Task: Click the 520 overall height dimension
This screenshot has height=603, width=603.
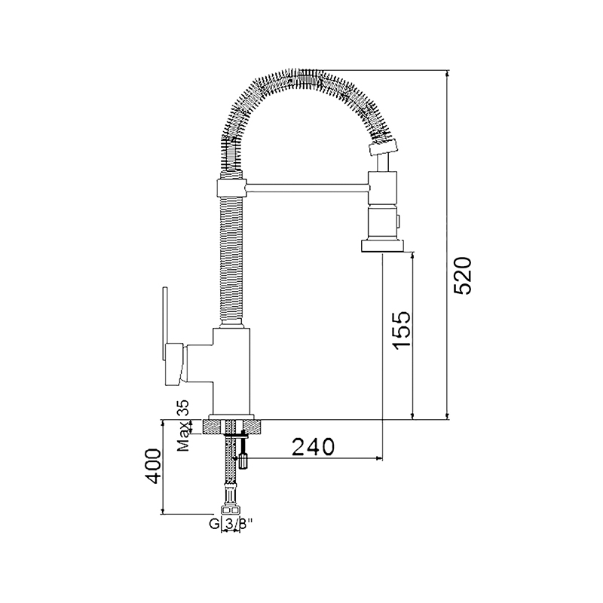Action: pyautogui.click(x=463, y=276)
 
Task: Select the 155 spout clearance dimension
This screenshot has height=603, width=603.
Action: pyautogui.click(x=403, y=330)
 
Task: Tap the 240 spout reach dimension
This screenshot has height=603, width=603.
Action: pyautogui.click(x=314, y=446)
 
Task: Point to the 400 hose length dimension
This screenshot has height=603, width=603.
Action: pyautogui.click(x=153, y=466)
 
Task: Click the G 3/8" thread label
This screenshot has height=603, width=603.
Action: pyautogui.click(x=231, y=524)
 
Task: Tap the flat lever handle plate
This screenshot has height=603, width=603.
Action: pyautogui.click(x=165, y=324)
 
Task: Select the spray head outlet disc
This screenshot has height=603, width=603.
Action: pyautogui.click(x=383, y=246)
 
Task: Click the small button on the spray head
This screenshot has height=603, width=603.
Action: pyautogui.click(x=399, y=220)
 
